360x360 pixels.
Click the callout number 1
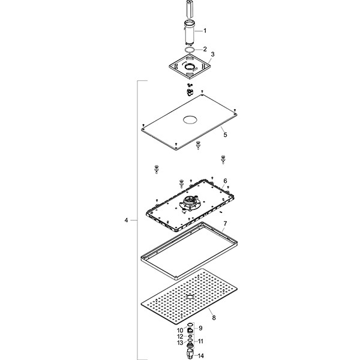(x=205, y=30)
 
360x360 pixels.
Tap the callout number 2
(x=205, y=49)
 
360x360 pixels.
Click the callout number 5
(x=225, y=136)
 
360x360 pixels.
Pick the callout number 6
(x=224, y=181)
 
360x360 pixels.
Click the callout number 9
(x=201, y=328)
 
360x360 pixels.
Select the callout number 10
(x=179, y=331)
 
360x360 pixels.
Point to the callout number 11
(x=202, y=341)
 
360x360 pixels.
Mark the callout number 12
(x=179, y=337)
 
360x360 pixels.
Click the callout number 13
(x=179, y=343)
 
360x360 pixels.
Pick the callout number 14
(x=202, y=355)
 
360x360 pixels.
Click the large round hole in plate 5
(x=191, y=119)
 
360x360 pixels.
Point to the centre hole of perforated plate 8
(x=190, y=296)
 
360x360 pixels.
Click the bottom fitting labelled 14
(x=190, y=354)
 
